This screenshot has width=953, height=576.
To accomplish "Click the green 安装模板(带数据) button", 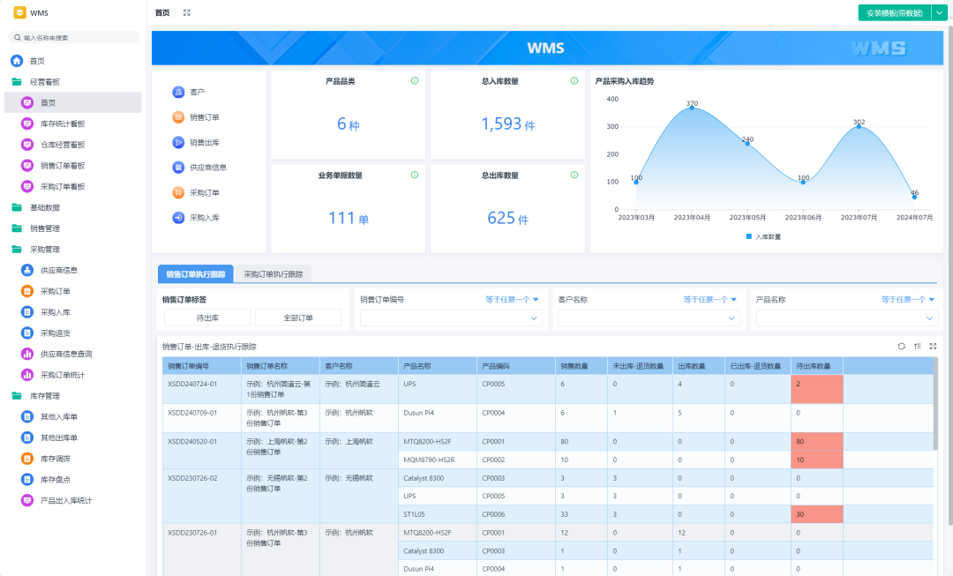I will point(894,13).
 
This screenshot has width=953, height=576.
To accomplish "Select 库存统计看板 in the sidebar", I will point(63,123).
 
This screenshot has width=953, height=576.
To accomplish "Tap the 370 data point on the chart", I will point(692,108).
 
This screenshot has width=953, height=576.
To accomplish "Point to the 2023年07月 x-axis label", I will point(859,217).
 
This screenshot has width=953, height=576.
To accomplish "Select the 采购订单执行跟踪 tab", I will point(274,274).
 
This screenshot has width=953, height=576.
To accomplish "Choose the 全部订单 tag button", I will point(298,318).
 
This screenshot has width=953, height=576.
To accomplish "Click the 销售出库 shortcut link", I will point(205,142).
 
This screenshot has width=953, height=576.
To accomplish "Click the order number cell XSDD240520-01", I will point(192,441).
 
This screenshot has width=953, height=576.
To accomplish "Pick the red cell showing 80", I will point(816,441).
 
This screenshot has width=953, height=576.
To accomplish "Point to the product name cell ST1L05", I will point(415,514).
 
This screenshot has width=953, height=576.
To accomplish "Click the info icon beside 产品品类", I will point(415,81).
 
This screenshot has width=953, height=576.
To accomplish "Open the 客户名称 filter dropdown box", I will point(648,318).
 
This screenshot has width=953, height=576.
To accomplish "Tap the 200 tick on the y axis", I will point(612,154).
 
